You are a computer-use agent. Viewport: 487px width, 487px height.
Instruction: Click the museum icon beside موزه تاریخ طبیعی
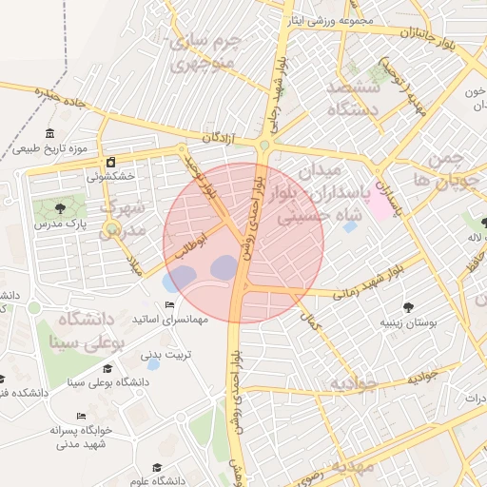point(49,133)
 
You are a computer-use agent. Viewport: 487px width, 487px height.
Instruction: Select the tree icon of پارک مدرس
point(61,205)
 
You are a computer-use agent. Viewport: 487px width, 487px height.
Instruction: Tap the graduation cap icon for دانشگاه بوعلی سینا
point(107,368)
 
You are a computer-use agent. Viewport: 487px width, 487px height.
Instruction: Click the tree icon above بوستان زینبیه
point(408,307)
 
